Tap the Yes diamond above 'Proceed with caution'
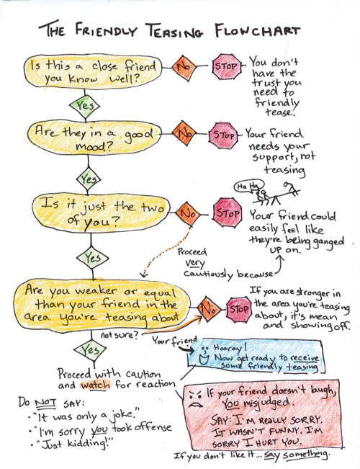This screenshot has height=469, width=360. pyautogui.click(x=88, y=351)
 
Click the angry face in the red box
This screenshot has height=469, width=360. pyautogui.click(x=194, y=400)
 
